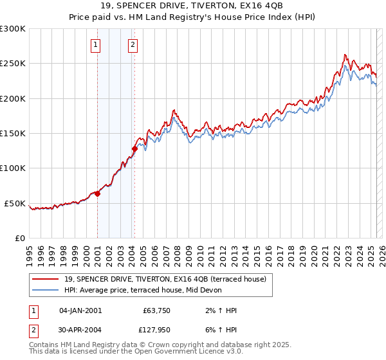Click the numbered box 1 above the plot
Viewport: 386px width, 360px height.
[x=95, y=45]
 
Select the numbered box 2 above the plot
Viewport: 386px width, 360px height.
[x=133, y=45]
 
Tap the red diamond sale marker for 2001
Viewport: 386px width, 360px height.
[x=97, y=194]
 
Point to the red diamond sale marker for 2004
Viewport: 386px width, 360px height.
[x=134, y=149]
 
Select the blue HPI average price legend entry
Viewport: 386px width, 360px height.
[x=142, y=290]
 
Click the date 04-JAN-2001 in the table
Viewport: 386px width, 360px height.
[x=80, y=310]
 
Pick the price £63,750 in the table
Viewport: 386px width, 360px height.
[x=154, y=310]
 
